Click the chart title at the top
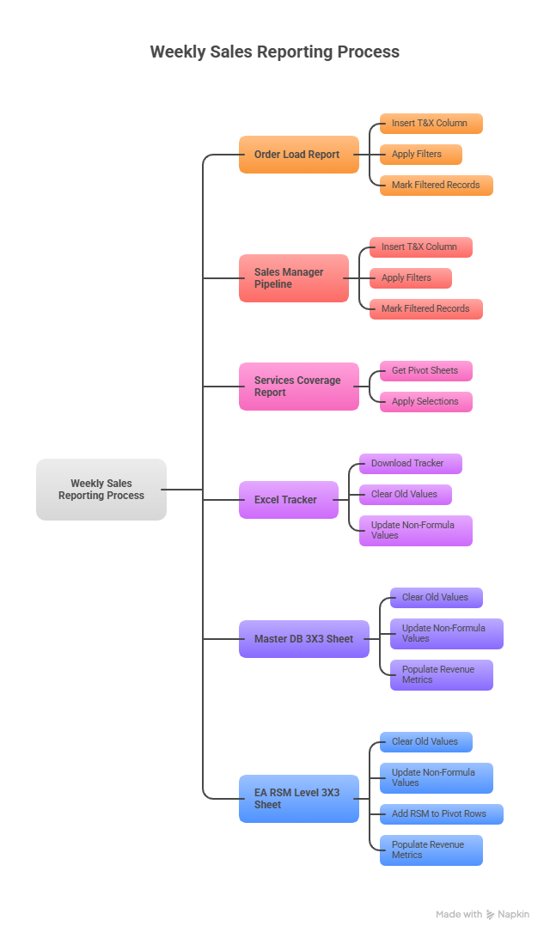coord(274,52)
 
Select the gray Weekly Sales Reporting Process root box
coord(101,490)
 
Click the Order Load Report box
coord(298,155)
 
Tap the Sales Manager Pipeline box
coord(293,278)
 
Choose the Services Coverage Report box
coord(298,387)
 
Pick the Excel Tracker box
coord(288,500)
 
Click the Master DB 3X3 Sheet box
coord(303,639)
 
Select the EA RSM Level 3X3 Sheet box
coord(298,799)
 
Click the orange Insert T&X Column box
coord(431,124)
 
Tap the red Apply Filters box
coord(410,278)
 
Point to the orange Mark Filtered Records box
coord(436,186)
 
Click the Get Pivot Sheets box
coord(425,371)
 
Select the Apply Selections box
coord(425,402)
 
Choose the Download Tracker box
coord(410,464)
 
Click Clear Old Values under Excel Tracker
coord(405,495)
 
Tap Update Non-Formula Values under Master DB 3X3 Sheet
coord(446,634)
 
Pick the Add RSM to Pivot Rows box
coord(441,814)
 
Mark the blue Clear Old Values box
coord(425,742)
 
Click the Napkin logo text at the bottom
coord(513,915)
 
